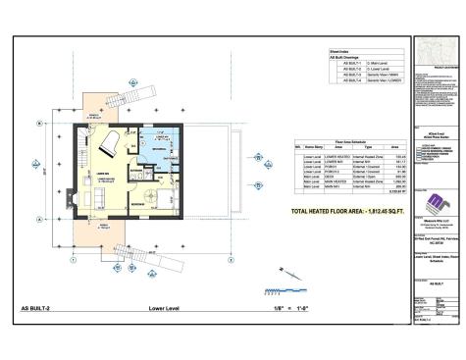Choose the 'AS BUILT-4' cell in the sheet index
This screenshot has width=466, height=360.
(341, 80)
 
